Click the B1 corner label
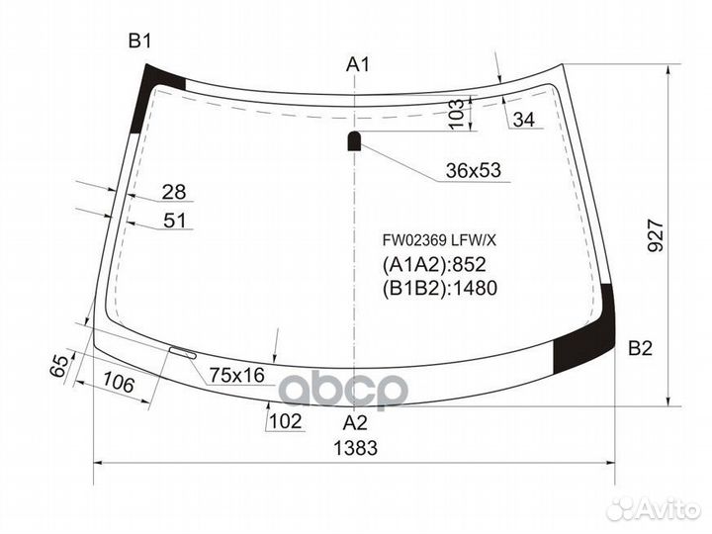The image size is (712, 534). pyautogui.click(x=139, y=41)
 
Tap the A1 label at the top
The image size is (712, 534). pyautogui.click(x=357, y=65)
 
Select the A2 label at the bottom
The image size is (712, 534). pyautogui.click(x=355, y=422)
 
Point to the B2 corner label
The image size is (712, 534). pyautogui.click(x=641, y=348)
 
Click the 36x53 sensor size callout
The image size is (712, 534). pyautogui.click(x=472, y=171)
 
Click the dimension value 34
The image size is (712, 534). pyautogui.click(x=523, y=120)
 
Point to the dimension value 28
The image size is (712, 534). pyautogui.click(x=174, y=192)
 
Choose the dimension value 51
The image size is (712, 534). pyautogui.click(x=174, y=221)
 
